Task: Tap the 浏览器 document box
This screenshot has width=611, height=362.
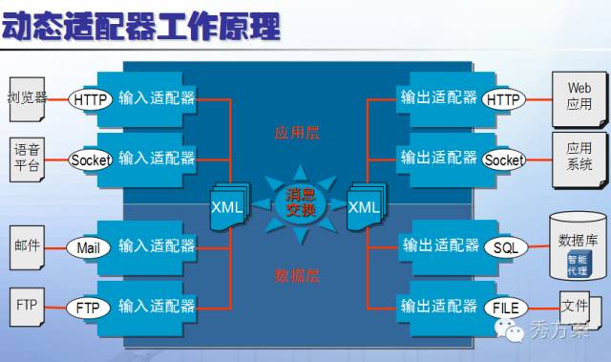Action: (x=27, y=98)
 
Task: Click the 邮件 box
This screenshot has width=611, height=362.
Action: (x=27, y=245)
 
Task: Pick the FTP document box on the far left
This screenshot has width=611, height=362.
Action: (x=27, y=307)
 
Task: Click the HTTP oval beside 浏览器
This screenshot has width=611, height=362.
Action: (x=92, y=98)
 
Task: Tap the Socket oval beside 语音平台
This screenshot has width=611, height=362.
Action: (x=91, y=160)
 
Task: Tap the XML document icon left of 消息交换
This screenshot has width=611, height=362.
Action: (x=227, y=204)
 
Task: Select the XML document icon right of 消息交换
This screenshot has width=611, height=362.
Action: (x=364, y=204)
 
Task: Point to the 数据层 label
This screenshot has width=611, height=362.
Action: (x=297, y=276)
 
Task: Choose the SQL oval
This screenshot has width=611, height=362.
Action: (x=506, y=246)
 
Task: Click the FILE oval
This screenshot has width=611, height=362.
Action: (x=506, y=308)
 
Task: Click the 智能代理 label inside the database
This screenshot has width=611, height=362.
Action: (x=579, y=265)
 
